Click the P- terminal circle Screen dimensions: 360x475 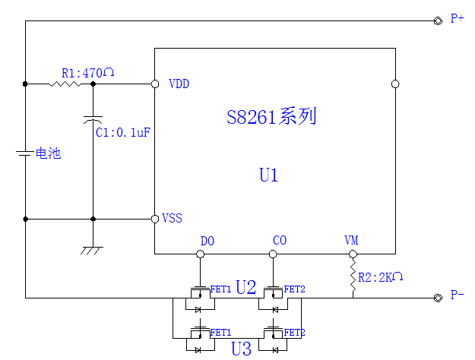coord(438,298)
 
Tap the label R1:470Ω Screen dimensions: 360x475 coord(87,74)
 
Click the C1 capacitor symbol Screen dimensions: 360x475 coord(93,119)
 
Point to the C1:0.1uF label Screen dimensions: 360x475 coord(122,133)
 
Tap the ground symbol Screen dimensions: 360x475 coord(93,249)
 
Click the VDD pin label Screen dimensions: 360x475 coord(179,84)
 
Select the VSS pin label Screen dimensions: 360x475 coord(172,219)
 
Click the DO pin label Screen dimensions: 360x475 coord(207,242)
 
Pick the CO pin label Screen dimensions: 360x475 coord(279,242)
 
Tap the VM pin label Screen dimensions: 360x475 coord(351,242)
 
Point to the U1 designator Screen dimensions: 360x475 coord(268,175)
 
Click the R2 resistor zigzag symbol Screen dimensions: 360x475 coord(353,277)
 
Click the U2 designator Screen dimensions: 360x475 coord(245,288)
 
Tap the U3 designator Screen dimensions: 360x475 coord(241,349)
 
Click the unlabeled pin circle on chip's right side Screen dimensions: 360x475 coord(394,84)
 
